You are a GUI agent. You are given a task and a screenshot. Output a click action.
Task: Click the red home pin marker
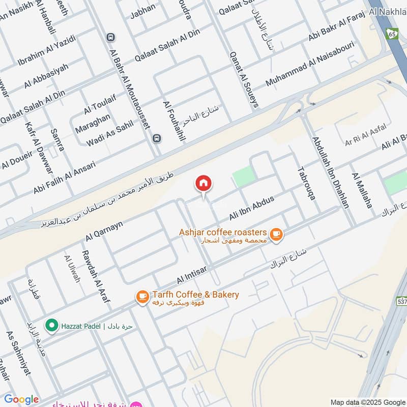(x=203, y=184)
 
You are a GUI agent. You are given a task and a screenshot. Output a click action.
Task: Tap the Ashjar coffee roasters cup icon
(x=276, y=234)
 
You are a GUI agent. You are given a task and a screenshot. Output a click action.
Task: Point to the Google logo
(x=21, y=399)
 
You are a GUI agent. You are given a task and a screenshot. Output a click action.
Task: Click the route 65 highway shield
(x=391, y=34)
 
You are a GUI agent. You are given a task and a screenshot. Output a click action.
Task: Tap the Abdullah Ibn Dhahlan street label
(x=331, y=172)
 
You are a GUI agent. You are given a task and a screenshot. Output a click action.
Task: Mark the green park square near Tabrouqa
(x=243, y=176)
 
